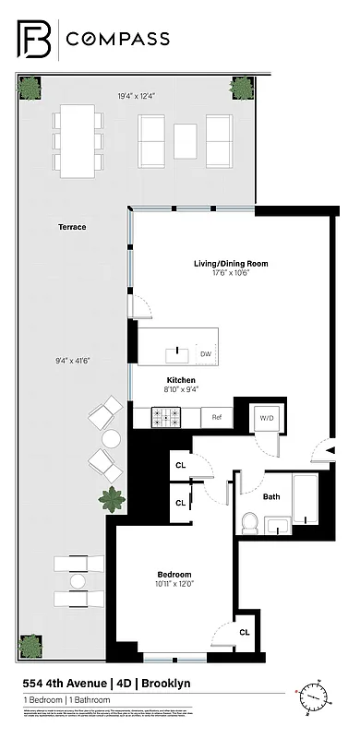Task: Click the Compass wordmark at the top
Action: [115, 38]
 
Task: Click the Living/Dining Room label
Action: [230, 264]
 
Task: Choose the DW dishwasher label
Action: [205, 353]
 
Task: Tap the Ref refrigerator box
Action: [217, 418]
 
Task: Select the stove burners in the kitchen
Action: [171, 418]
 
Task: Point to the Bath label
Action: [271, 496]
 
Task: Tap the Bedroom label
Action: [174, 573]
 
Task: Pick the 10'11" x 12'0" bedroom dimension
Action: [174, 584]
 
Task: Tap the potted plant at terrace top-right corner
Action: [242, 88]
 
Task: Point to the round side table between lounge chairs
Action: [112, 438]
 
